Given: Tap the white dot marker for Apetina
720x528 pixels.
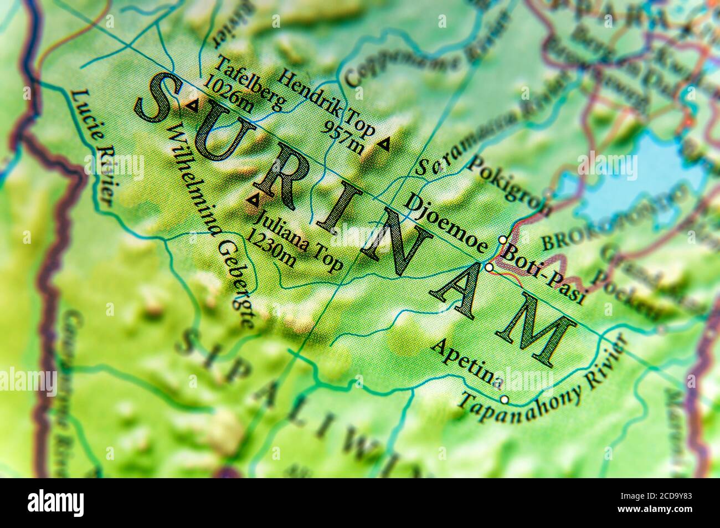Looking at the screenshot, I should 504,399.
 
